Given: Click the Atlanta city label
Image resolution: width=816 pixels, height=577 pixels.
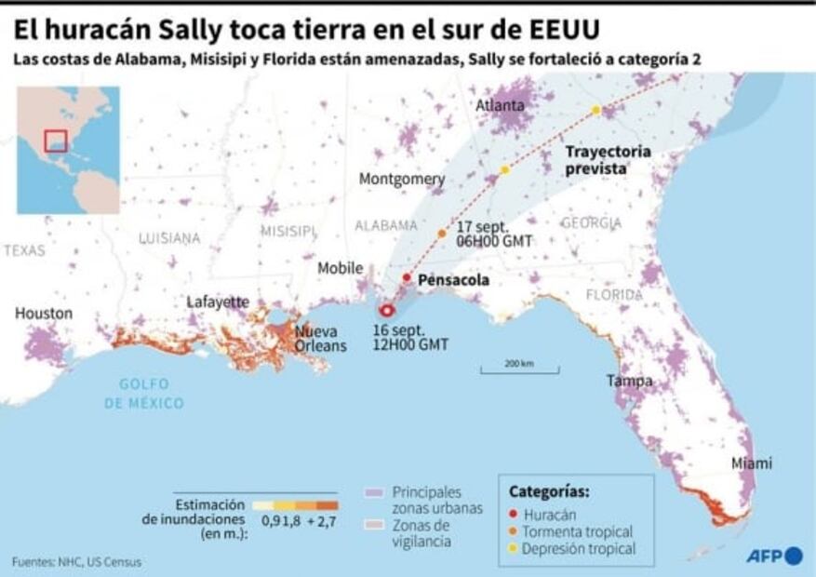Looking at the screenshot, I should (x=500, y=105).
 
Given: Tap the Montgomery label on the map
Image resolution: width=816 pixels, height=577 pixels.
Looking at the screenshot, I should (x=402, y=179).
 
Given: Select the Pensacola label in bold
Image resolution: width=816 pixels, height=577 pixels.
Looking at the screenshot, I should (x=453, y=279).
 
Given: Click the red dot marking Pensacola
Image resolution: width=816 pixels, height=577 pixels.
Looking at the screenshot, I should (x=407, y=277).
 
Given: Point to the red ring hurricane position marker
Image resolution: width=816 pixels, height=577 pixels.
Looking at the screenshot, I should (x=388, y=311).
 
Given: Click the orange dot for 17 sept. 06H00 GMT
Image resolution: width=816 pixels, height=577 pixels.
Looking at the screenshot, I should (x=442, y=233).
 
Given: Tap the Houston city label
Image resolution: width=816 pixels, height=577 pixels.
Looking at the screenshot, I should (x=43, y=314).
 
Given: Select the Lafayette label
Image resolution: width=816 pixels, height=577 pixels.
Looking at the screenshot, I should (x=218, y=302).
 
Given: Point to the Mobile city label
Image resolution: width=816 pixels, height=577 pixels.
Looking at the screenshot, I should (x=341, y=268).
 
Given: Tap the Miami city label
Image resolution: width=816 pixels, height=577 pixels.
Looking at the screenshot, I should (x=751, y=463).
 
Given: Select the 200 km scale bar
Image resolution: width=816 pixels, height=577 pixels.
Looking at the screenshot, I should (x=519, y=370).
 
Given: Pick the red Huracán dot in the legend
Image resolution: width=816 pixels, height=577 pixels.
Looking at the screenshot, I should (x=514, y=513).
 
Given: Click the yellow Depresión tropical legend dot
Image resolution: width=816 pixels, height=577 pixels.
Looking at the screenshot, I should (x=514, y=549).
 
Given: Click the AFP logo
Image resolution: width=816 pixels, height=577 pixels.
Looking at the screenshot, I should (x=773, y=556).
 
